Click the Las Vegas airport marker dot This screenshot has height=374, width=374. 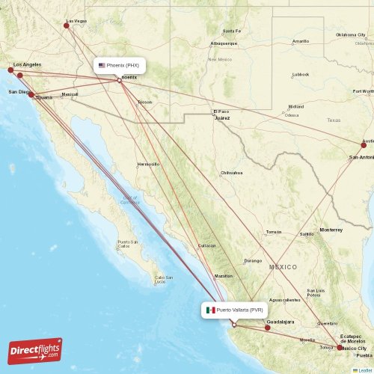coord(67,25)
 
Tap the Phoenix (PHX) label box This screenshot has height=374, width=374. coord(119,66)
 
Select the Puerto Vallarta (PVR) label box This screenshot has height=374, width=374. coord(234,310)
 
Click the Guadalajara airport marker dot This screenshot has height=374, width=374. coord(267,328)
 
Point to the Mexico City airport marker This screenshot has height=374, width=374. coord(340,347)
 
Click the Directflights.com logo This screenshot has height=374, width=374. coord(35,350)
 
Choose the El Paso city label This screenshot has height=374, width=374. coord(221,111)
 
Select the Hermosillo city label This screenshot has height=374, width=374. coord(148,163)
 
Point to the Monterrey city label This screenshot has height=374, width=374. coord(330,229)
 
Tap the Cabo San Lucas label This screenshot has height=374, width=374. coord(165,280)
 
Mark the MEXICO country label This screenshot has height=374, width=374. coord(283,267)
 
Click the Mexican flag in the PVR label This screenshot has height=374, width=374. coord(211,310)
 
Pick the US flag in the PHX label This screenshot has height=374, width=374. coord(102,66)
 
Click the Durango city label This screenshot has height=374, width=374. coord(254,260)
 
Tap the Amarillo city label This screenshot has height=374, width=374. coord(301,41)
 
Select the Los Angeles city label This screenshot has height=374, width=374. coord(27,64)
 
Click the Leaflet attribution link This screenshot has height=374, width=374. coord(362,370)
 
